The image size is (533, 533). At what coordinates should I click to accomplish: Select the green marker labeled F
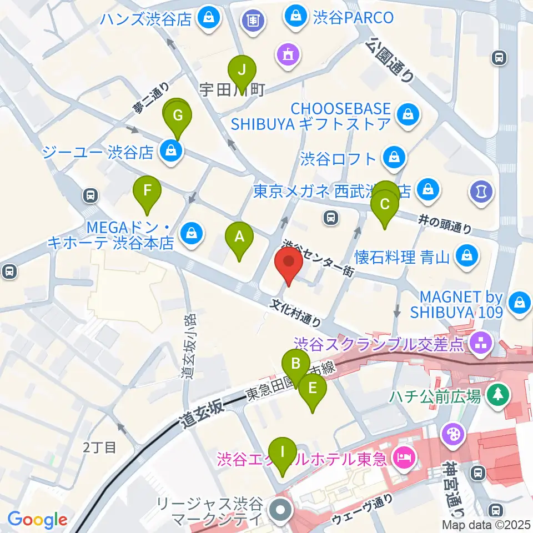pyautogui.click(x=147, y=193)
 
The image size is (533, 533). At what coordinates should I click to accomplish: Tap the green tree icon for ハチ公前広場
pyautogui.click(x=495, y=396)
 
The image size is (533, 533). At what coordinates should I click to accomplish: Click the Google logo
pyautogui.click(x=38, y=520)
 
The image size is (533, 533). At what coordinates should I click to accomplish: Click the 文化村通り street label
pyautogui.click(x=296, y=313)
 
